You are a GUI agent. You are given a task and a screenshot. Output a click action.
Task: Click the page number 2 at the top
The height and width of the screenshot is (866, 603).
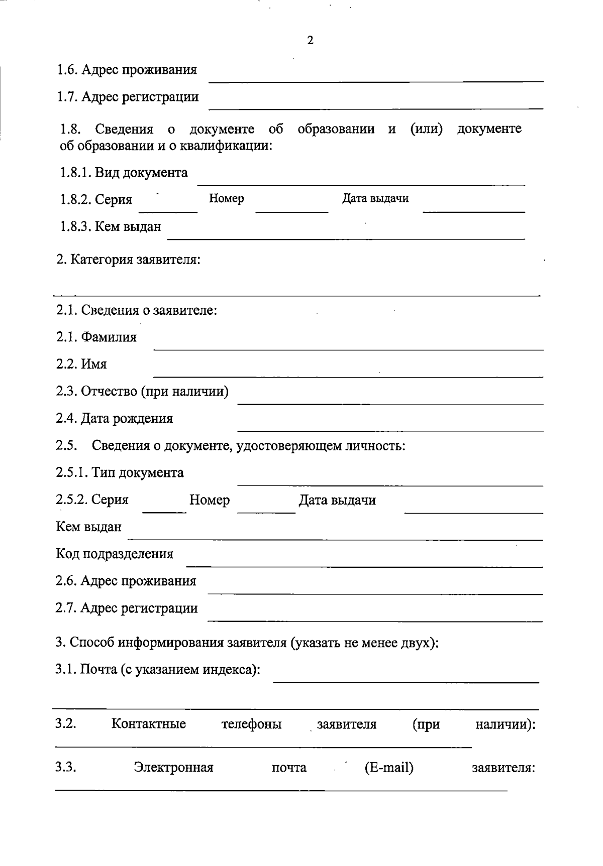[310, 41]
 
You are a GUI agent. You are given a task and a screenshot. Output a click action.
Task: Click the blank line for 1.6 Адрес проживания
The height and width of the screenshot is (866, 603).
[376, 80]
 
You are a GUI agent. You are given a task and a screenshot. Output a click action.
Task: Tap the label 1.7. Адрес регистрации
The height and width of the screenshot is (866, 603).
[128, 96]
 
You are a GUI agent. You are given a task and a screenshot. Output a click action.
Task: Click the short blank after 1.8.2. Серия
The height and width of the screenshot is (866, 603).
[168, 211]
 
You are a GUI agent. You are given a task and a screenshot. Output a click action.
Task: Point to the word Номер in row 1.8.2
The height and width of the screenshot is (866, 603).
[226, 199]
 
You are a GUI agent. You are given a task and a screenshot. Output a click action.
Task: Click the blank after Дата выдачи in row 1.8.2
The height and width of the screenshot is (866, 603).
[473, 211]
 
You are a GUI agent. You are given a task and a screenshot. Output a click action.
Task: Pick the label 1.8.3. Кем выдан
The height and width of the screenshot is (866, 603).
[110, 226]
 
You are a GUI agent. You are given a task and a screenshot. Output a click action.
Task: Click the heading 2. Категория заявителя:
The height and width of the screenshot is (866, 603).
[128, 260]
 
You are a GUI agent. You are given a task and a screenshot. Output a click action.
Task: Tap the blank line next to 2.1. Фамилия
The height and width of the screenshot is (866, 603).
[348, 348]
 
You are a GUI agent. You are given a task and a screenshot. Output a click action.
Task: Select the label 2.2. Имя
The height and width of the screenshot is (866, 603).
[81, 364]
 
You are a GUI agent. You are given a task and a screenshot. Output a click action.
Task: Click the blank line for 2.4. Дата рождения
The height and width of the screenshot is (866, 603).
[390, 430]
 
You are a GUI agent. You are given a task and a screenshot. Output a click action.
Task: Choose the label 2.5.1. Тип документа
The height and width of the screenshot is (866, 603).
[120, 473]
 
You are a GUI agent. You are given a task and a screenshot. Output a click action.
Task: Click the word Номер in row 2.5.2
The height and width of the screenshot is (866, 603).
[210, 500]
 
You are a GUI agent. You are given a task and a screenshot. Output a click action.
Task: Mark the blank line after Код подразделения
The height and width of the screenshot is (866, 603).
[364, 566]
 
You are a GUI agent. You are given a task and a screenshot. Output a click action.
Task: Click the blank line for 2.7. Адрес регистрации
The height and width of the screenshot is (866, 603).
[375, 621]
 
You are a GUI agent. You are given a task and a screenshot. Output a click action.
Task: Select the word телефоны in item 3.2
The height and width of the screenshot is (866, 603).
[251, 724]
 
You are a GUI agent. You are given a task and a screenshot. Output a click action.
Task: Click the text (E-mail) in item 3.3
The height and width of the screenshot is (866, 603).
[389, 768]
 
